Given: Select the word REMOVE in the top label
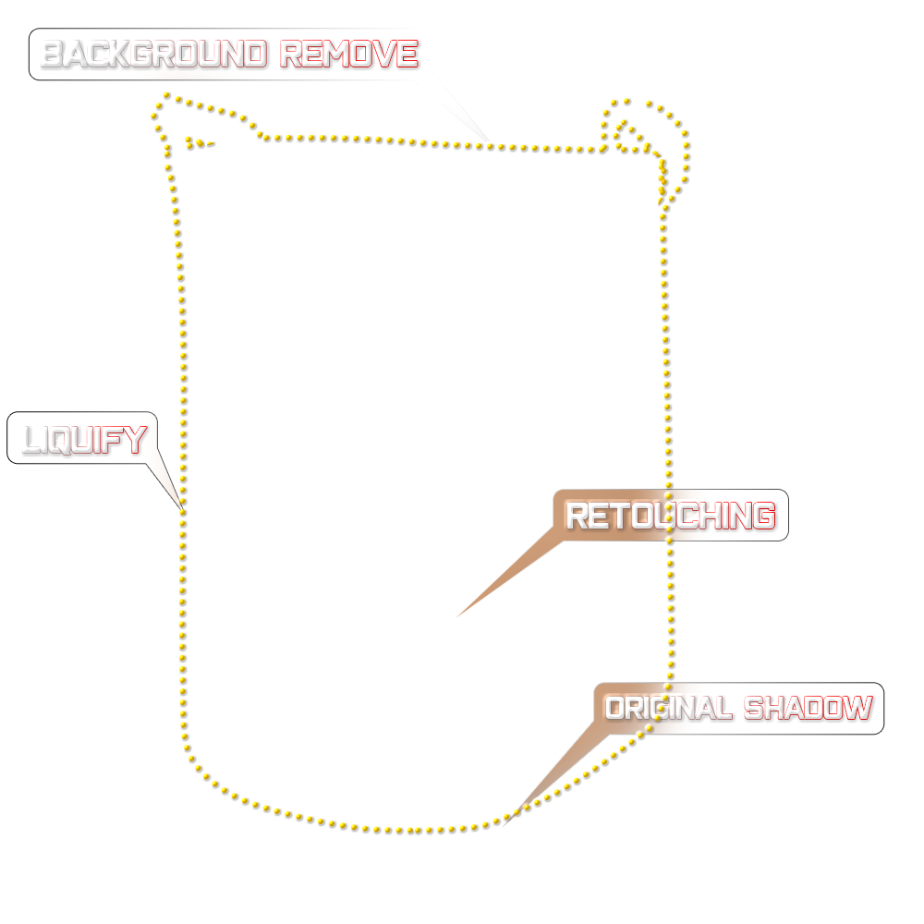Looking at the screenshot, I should [x=348, y=55].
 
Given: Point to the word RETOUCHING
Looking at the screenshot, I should [x=670, y=516].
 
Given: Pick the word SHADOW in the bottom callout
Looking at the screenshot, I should [x=808, y=709].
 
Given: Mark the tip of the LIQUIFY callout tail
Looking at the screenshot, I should [x=181, y=506].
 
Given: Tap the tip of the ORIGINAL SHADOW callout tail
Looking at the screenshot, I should [x=504, y=822].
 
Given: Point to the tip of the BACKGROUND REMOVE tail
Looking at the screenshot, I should [x=495, y=145].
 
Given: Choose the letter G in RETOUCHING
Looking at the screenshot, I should [x=760, y=516].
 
